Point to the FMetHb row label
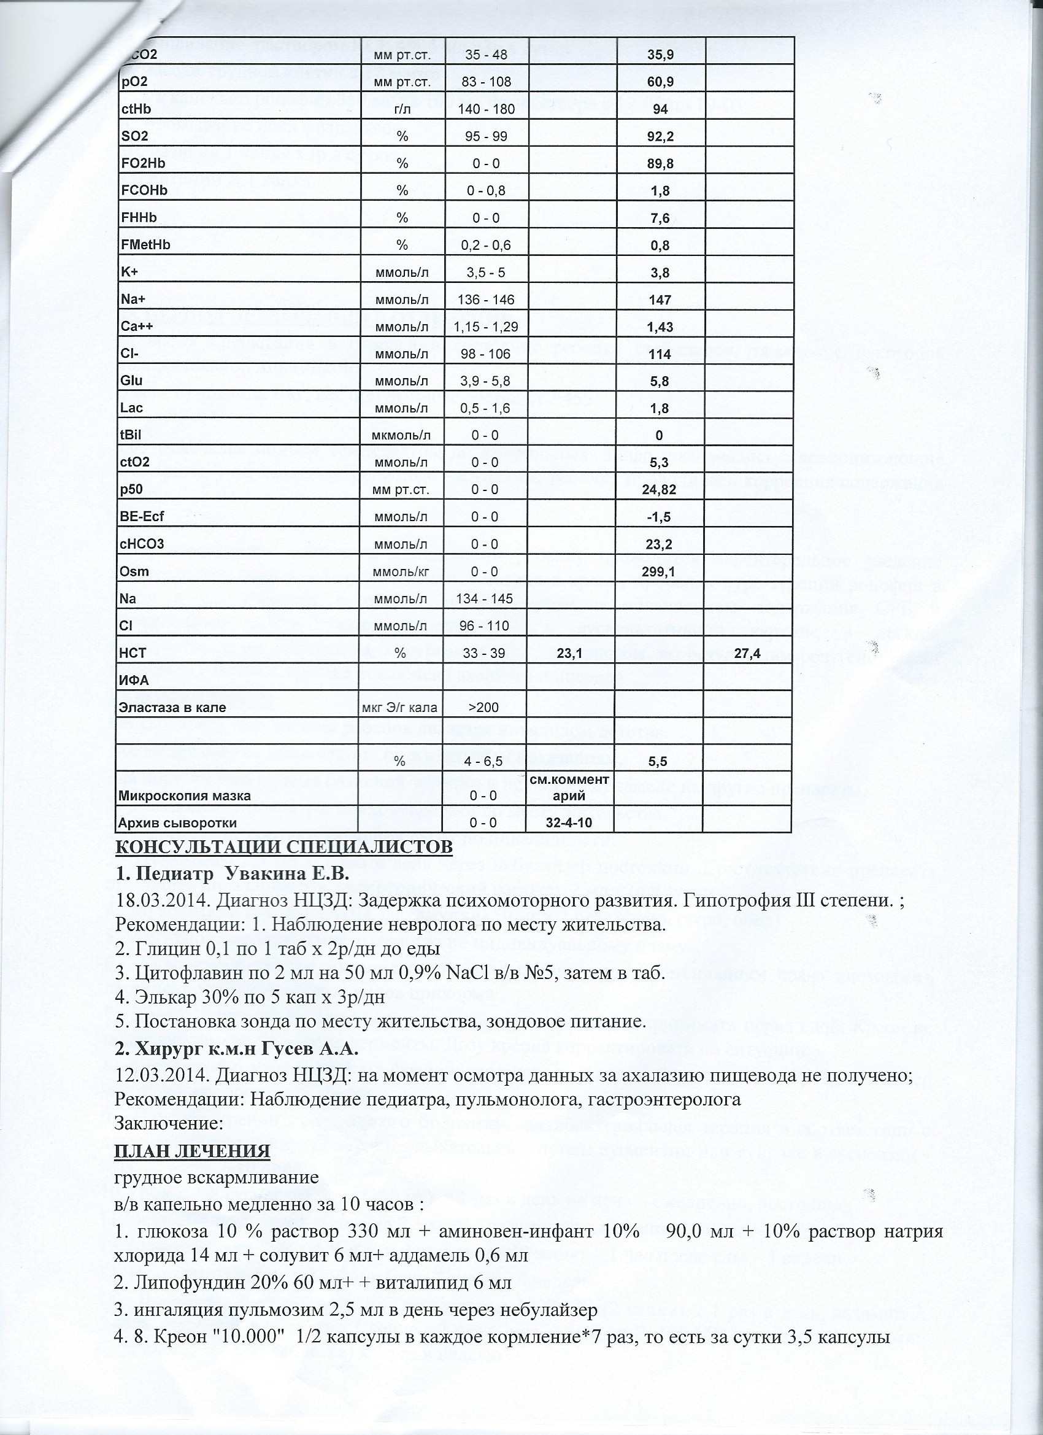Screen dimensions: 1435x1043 pos(145,245)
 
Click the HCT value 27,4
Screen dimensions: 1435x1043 pos(747,654)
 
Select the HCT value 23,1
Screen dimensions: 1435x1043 pos(569,654)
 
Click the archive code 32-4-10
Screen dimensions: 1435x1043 pos(569,823)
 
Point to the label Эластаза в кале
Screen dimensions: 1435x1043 pos(172,708)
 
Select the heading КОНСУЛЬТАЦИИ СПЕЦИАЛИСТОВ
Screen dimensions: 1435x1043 pos(283,847)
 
